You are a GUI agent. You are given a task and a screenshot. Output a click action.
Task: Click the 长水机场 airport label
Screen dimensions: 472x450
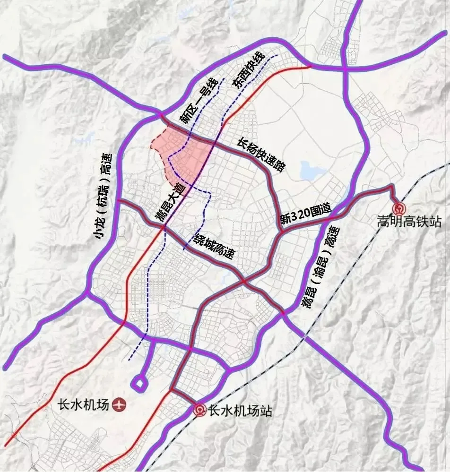click(83, 405)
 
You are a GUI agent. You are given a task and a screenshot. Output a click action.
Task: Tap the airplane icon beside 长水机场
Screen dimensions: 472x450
click(120, 405)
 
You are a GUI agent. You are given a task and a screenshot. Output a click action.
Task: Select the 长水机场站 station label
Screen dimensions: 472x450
click(240, 411)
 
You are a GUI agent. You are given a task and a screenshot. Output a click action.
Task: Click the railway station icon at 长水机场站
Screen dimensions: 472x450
click(200, 411)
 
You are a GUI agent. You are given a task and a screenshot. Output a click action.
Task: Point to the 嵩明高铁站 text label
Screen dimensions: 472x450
click(409, 221)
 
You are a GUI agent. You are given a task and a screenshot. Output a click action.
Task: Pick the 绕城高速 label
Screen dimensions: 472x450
click(214, 247)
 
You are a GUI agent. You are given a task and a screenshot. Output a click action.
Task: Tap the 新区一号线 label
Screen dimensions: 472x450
click(199, 101)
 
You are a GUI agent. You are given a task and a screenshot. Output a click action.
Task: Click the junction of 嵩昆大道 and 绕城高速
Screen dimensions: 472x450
click(162, 228)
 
